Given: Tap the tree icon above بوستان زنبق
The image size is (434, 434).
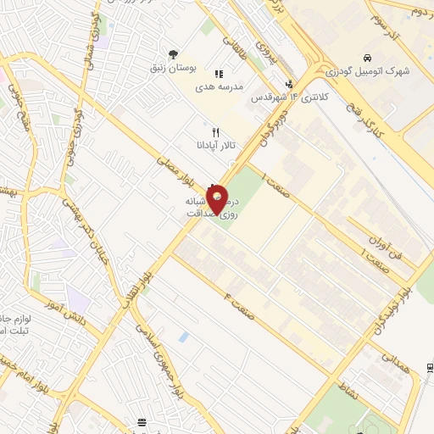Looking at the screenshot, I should (174, 53).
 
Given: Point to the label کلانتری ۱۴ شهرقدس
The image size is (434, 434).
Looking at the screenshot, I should (289, 97).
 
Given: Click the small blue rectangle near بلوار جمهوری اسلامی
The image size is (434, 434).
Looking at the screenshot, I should (184, 337).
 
